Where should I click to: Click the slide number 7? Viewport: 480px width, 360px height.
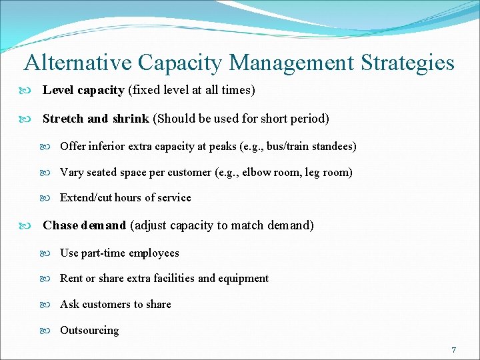[x=453, y=350]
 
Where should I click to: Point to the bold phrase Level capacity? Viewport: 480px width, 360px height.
[x=83, y=90]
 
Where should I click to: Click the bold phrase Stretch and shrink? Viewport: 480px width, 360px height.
[x=96, y=119]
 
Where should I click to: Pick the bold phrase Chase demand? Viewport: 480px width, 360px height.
[x=84, y=225]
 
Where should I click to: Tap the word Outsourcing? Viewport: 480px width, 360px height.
[x=89, y=331]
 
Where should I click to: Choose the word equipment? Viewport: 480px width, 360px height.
[x=244, y=279]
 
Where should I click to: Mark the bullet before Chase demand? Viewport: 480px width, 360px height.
[x=32, y=225]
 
